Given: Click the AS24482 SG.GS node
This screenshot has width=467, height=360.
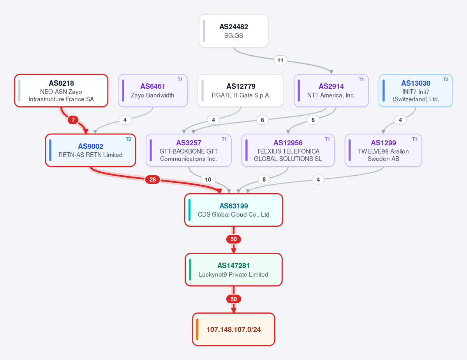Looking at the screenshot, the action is tap(234, 31).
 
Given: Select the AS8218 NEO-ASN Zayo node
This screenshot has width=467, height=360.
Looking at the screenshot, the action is tap(61, 91).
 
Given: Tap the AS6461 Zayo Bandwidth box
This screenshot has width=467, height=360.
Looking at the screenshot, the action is tap(153, 91).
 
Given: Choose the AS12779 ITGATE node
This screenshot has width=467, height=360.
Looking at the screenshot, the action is tap(241, 91).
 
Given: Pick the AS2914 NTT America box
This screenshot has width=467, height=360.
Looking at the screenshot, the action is tap(331, 91).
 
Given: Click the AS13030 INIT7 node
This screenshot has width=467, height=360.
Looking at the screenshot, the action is tap(416, 91).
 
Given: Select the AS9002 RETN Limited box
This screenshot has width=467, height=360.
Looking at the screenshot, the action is tap(90, 150).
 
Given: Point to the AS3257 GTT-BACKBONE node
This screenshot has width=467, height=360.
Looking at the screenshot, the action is tap(189, 150).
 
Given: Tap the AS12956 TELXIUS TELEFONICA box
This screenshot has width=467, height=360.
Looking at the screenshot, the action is tap(288, 150).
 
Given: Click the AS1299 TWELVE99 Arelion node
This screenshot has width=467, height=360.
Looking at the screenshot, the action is tap(383, 150).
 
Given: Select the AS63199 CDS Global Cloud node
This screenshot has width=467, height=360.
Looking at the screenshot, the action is tap(234, 210).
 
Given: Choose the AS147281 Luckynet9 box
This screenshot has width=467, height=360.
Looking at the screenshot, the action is tap(234, 270).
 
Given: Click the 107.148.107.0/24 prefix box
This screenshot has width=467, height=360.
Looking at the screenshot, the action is tap(234, 329).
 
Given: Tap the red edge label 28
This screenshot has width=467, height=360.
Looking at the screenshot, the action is tap(153, 179).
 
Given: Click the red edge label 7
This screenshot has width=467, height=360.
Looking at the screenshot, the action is tap(73, 120).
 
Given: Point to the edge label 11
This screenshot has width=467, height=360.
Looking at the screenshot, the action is tap(280, 60).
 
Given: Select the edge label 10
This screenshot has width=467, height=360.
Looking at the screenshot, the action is tap(208, 179).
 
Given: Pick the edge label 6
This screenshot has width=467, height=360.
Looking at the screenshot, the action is tap(263, 120).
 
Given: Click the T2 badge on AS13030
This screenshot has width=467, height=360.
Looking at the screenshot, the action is tap(446, 79).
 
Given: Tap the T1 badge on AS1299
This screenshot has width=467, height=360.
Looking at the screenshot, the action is tap(414, 139).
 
